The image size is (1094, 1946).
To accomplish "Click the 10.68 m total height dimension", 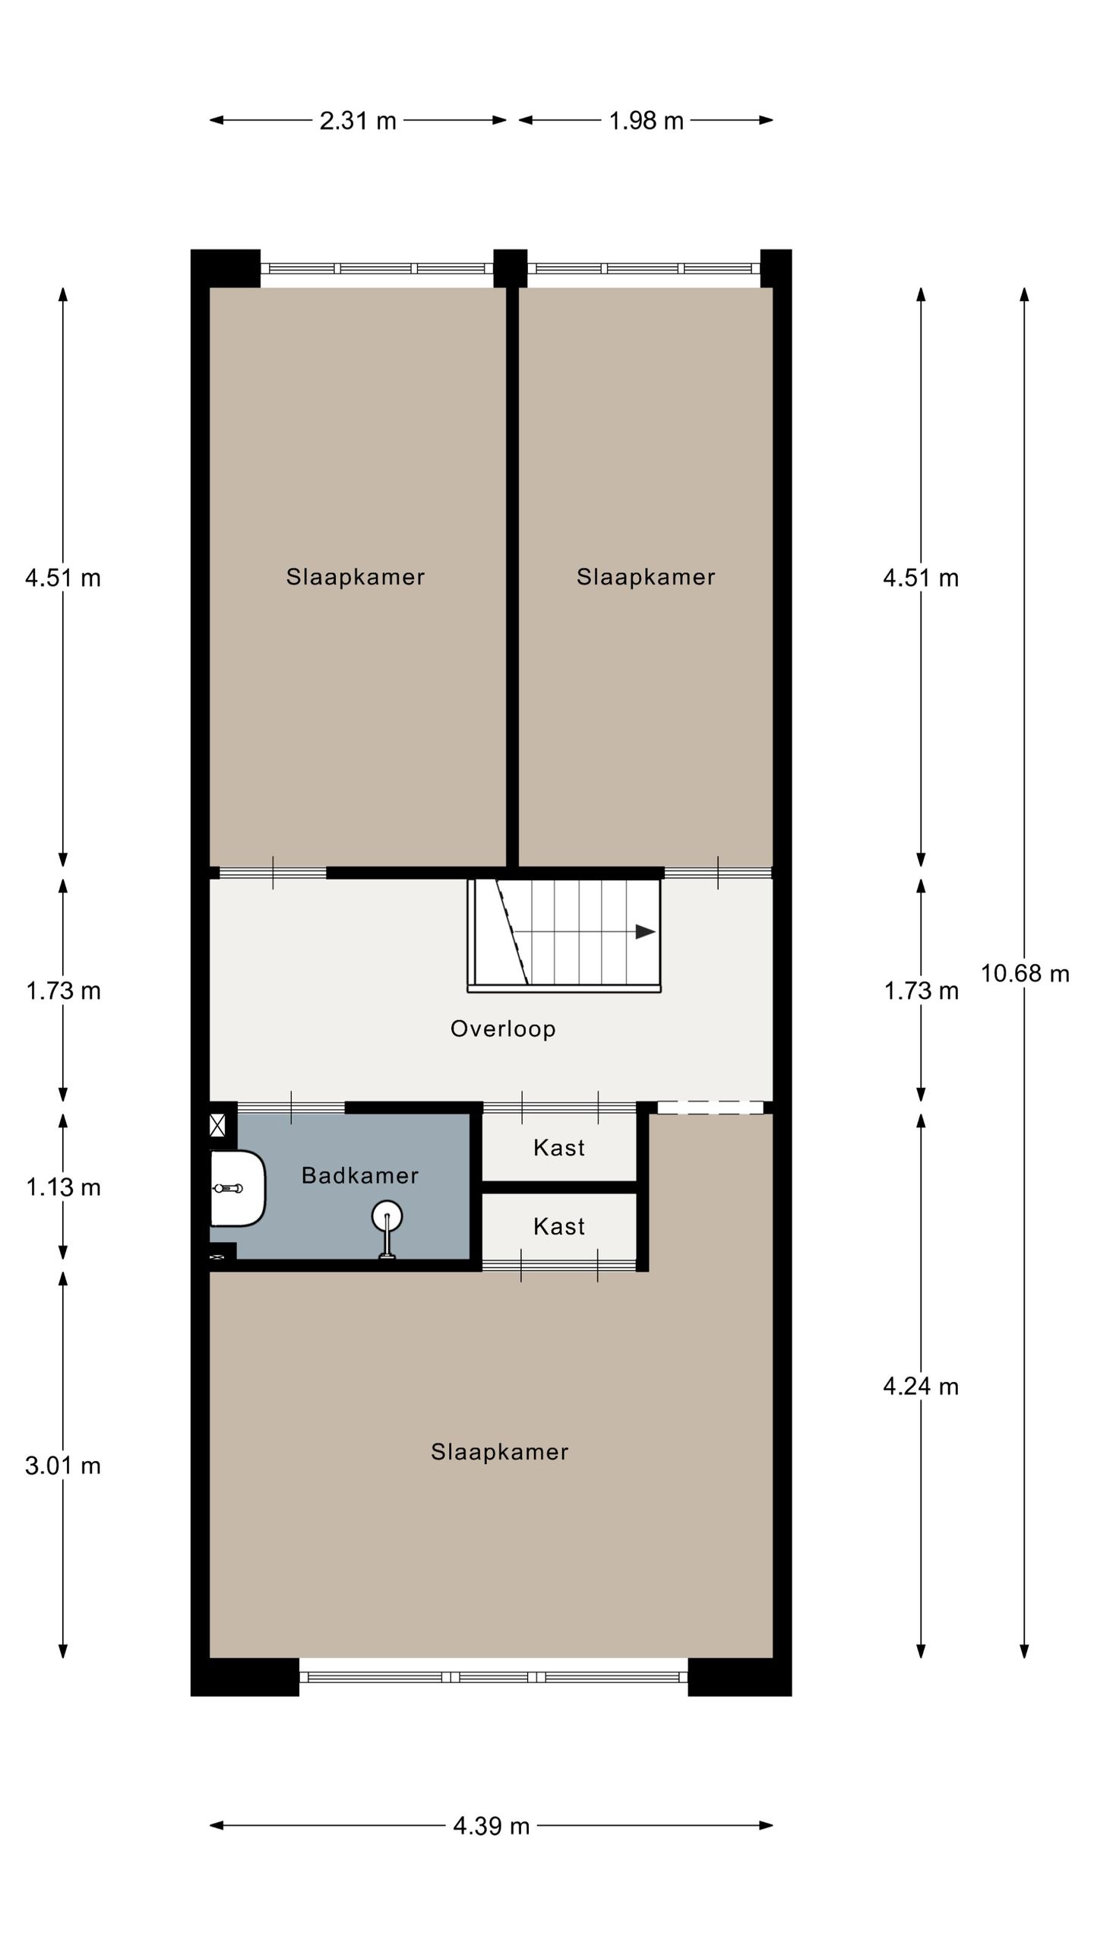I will [1024, 973].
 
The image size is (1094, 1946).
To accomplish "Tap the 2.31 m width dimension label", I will [358, 121].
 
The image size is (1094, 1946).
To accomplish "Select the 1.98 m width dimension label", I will [646, 121].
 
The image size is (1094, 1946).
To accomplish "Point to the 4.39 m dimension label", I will [491, 1825].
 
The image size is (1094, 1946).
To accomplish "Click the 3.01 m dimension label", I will [63, 1466].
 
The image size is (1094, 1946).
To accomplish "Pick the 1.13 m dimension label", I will [63, 1187].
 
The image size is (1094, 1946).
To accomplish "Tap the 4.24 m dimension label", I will [920, 1387].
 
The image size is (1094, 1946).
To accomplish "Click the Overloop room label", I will [503, 1028].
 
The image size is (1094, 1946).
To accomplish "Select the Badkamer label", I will [359, 1175].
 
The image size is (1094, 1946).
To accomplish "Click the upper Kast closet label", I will [559, 1147].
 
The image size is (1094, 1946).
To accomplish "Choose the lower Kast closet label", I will [559, 1226].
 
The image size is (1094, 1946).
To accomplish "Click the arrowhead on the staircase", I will [645, 931].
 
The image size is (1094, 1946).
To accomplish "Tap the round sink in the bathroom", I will [387, 1216].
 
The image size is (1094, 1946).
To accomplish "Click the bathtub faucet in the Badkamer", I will [228, 1188].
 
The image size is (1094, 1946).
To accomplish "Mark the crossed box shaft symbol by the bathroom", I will [217, 1125].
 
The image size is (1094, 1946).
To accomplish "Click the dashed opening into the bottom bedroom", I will [710, 1108].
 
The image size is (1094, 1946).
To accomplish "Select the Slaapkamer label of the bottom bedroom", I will [499, 1452].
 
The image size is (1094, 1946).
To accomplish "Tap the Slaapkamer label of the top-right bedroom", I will [645, 577].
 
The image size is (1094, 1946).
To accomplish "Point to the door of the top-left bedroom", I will [273, 873].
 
